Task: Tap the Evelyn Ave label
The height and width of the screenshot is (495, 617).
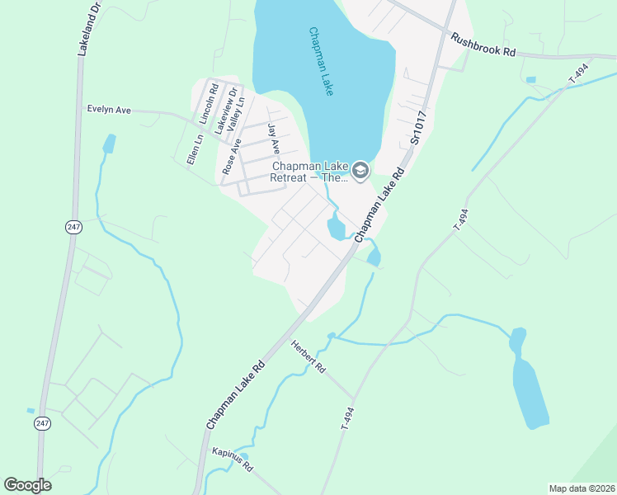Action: (x=110, y=109)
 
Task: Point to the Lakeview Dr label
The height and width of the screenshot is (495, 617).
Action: (x=220, y=111)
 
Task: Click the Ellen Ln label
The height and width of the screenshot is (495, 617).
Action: (x=194, y=149)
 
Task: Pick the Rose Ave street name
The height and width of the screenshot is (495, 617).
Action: (x=232, y=156)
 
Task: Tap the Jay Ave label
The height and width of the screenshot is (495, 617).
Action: (x=274, y=139)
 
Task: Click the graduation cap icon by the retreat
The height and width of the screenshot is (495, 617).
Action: (x=360, y=171)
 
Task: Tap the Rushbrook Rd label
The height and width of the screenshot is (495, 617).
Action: (x=483, y=44)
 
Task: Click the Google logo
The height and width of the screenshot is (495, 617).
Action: (x=27, y=485)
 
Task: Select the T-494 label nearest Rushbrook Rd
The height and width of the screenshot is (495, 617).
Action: (x=579, y=72)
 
